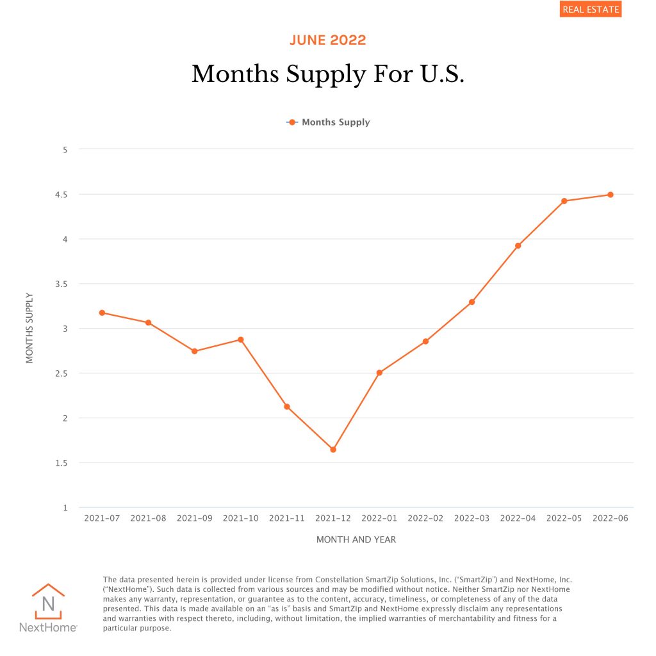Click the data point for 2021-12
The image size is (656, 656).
(333, 450)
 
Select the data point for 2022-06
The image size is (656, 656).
(611, 195)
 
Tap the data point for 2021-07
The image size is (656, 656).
(102, 313)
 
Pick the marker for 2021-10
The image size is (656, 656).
(241, 340)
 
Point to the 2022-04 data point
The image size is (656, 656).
(518, 245)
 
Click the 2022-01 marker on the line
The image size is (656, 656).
(379, 373)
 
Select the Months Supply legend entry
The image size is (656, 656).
(329, 122)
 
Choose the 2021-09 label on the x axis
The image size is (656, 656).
(195, 518)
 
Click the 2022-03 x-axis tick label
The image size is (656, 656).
(471, 518)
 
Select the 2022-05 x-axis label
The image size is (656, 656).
(564, 518)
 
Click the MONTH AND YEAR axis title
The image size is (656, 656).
(356, 539)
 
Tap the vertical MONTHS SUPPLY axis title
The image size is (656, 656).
(29, 328)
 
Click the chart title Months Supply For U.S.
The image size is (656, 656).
(327, 74)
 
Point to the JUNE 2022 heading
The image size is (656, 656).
(327, 40)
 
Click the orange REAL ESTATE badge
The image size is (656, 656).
(590, 10)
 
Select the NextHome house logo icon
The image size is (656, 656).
(48, 602)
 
